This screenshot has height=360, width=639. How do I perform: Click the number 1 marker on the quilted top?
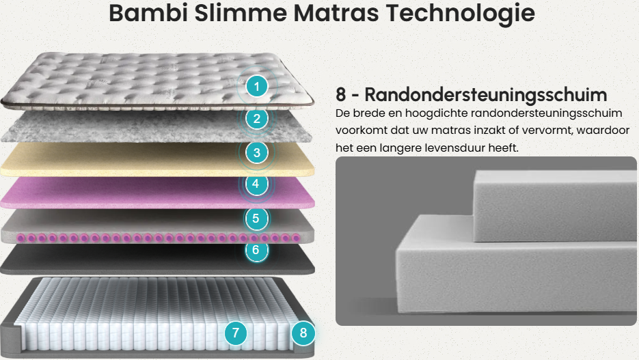(x=257, y=86)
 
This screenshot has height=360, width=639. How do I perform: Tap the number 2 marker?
(x=257, y=118)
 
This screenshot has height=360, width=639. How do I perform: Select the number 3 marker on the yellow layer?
(x=257, y=153)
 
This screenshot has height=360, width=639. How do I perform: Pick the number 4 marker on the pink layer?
(x=256, y=184)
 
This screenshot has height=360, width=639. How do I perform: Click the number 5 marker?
(x=256, y=219)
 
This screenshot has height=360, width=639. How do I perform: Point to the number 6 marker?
(x=256, y=250)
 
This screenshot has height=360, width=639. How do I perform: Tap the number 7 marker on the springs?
(x=236, y=333)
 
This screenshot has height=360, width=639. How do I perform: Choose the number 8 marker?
(x=303, y=333)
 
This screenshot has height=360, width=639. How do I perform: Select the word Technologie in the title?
(x=460, y=14)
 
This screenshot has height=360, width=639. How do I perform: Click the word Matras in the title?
(x=336, y=12)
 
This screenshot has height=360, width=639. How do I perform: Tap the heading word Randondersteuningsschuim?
(x=485, y=94)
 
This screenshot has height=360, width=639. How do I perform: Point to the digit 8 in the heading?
(x=341, y=94)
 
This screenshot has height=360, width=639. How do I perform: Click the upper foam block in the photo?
(x=555, y=206)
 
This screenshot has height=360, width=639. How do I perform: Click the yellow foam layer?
(x=158, y=159)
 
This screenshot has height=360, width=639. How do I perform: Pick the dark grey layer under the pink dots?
(x=158, y=259)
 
